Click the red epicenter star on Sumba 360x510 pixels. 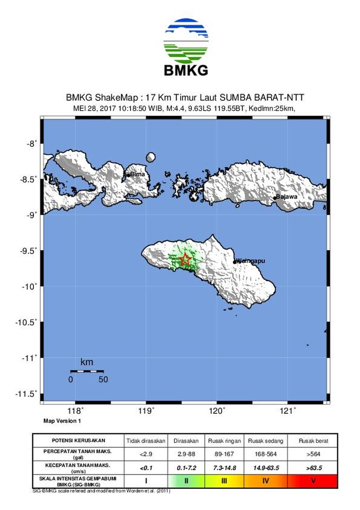(186, 260)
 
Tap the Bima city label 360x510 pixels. (137, 174)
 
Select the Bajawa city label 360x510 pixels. (286, 197)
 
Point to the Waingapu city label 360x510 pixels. (250, 261)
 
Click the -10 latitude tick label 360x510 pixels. (29, 287)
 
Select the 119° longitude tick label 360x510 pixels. (147, 411)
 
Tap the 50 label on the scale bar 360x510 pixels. (103, 380)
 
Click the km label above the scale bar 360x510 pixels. (87, 362)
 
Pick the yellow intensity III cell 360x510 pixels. (224, 481)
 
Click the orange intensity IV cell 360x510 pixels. (266, 481)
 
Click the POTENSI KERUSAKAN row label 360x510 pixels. (79, 441)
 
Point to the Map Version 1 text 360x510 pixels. (62, 421)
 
